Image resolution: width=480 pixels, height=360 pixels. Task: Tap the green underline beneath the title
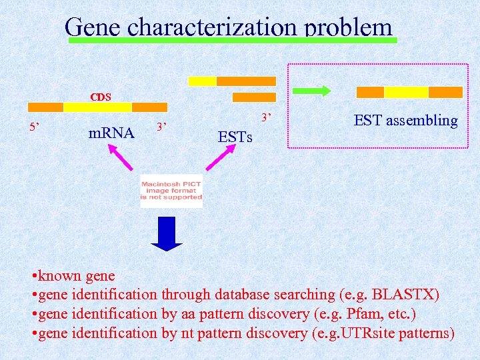233,41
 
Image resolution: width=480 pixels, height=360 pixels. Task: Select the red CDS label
101,97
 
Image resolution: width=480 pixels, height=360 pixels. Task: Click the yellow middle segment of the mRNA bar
97,107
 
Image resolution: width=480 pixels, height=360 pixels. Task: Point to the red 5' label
33,127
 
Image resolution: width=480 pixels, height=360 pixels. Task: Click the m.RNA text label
111,133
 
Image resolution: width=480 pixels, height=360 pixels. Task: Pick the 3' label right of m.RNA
161,127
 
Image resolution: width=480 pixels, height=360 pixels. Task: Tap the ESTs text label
235,137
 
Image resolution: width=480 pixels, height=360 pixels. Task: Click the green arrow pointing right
312,91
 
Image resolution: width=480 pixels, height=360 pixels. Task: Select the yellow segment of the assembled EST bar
406,92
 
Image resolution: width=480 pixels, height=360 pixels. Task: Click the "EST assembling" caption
405,121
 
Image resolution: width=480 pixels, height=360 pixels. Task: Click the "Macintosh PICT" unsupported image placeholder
171,191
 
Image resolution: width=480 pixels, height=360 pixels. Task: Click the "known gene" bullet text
76,275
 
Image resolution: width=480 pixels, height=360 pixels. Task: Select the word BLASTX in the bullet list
402,294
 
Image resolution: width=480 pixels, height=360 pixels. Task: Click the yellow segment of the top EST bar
203,81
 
